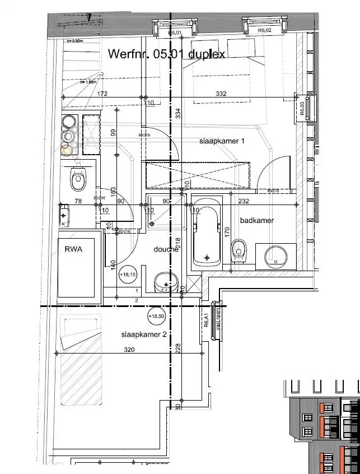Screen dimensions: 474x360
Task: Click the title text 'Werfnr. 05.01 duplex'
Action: coord(166,54)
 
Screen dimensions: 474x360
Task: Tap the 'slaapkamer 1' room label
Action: coord(222,141)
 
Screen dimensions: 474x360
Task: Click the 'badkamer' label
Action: coord(257,220)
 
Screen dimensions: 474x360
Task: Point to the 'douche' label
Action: coord(166,249)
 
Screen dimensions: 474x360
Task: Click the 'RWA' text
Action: coord(73,249)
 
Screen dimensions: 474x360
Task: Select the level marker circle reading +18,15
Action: coord(128,275)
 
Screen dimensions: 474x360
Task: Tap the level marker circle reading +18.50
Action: coord(156,316)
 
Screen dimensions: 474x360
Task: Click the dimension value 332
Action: coord(221,94)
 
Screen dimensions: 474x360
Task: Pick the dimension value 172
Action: coord(102,94)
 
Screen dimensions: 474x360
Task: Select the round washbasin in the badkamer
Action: coord(276,255)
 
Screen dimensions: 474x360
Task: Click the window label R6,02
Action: coord(264,31)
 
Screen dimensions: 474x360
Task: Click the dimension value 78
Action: coord(78,201)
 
